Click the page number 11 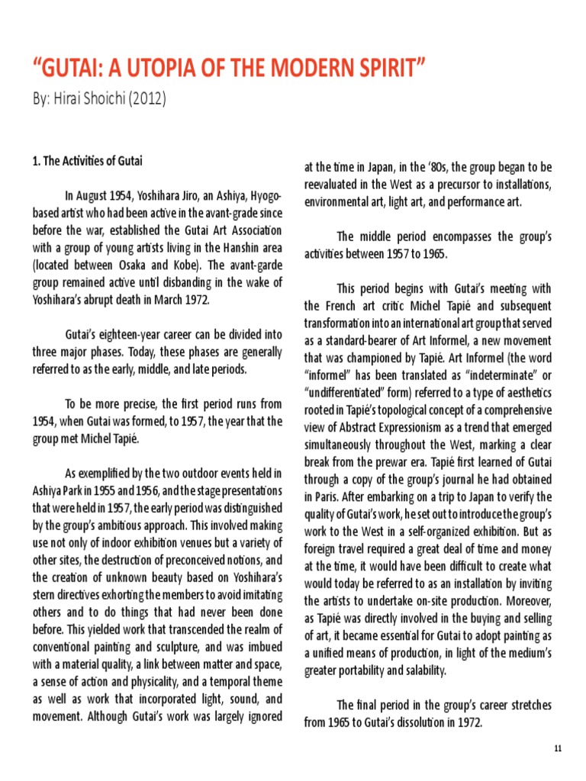559,750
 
